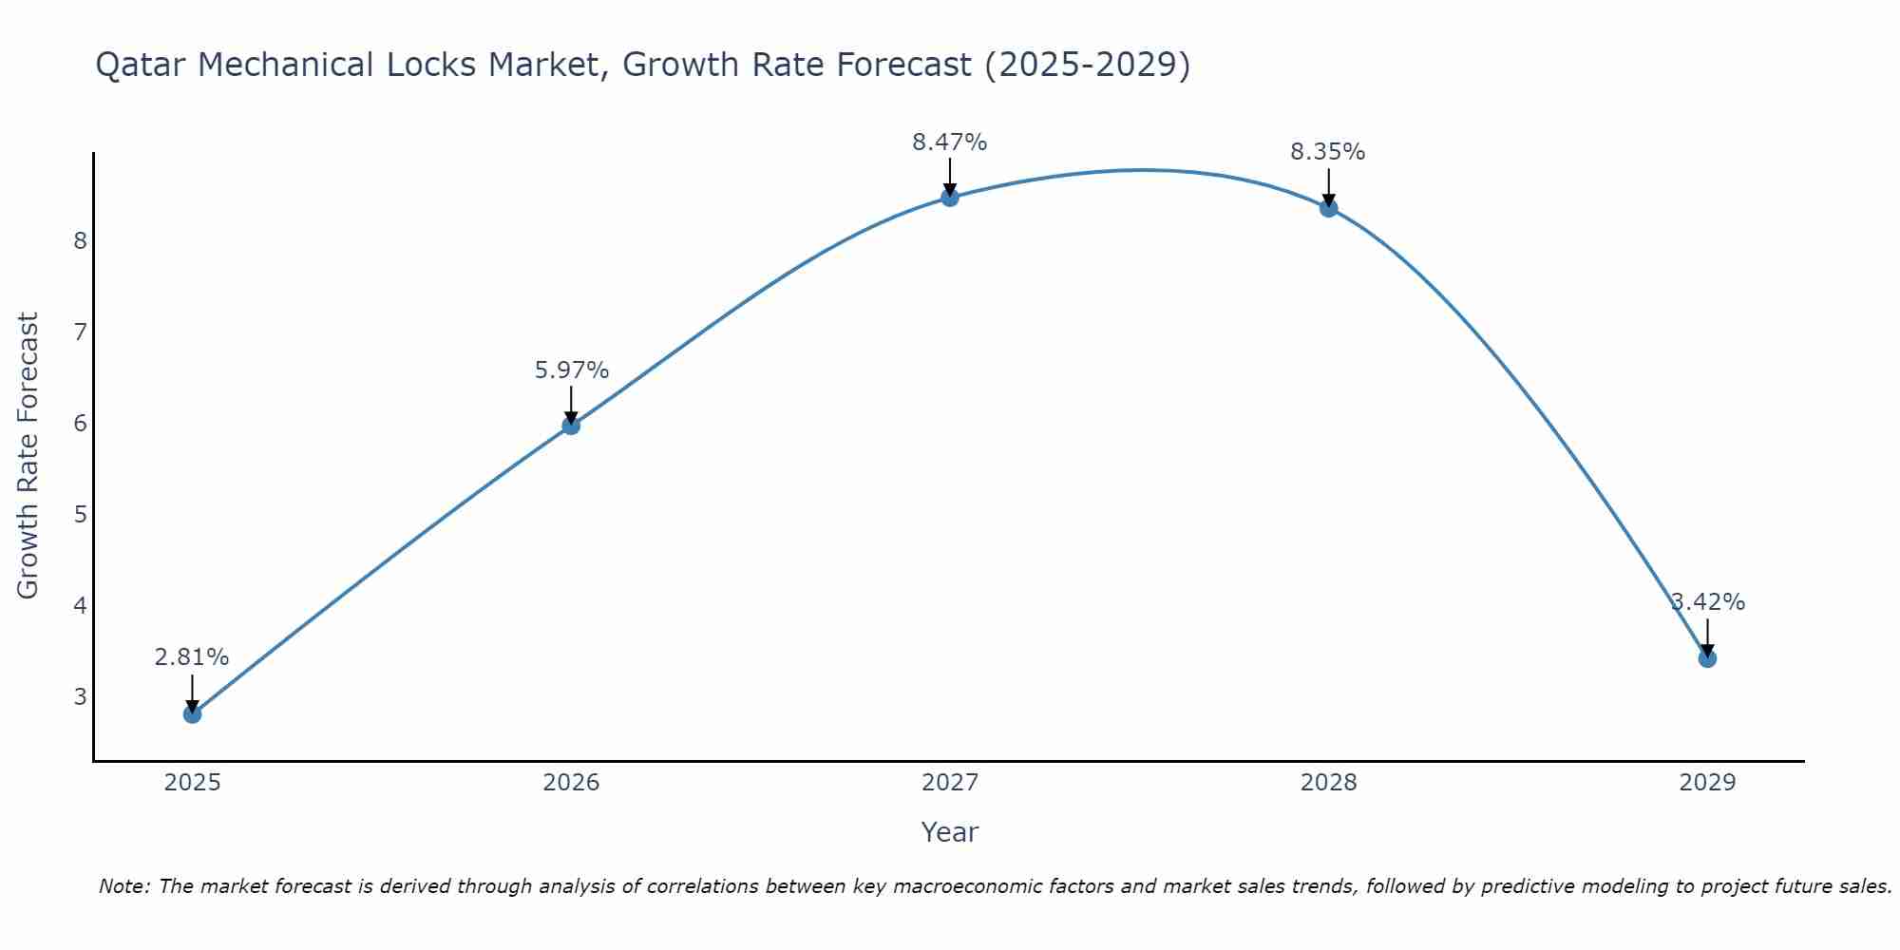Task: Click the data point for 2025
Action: tap(192, 713)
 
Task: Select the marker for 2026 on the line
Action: tap(571, 426)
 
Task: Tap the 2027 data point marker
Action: tap(950, 198)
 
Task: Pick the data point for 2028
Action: tap(1328, 208)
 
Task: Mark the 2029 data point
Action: tap(1707, 658)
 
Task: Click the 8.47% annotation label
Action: tap(950, 142)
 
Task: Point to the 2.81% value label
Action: tap(192, 657)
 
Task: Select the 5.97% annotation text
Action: tap(571, 370)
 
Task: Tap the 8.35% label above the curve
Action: tap(1328, 152)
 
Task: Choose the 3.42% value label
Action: tap(1708, 602)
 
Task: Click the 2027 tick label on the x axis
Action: tap(950, 783)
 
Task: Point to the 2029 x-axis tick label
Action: tap(1707, 783)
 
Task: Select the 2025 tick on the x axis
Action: tap(192, 783)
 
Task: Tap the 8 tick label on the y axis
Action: tap(80, 240)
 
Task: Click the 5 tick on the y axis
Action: tap(80, 514)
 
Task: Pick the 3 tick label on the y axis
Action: tap(80, 696)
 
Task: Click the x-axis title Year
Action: tap(950, 832)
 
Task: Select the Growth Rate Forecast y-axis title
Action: tap(28, 456)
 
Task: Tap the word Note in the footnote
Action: tap(123, 886)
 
